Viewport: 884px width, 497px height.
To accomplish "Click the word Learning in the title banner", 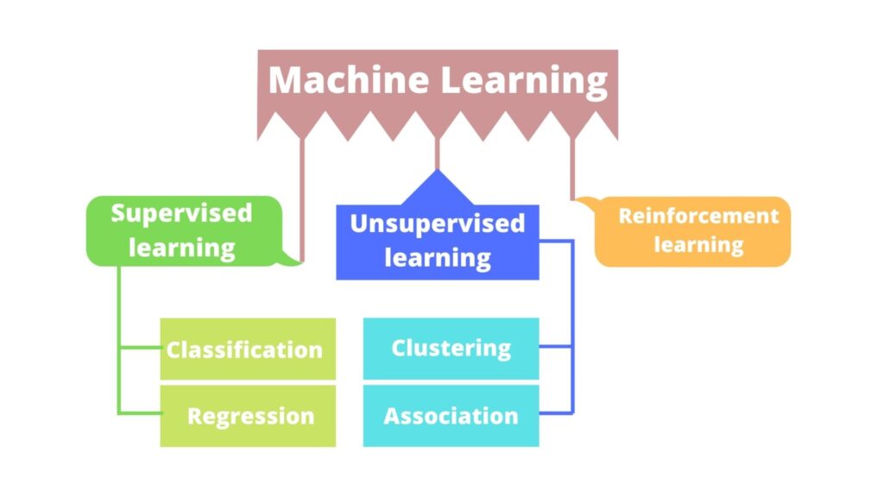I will tap(525, 80).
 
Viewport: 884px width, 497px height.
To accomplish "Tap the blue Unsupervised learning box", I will tap(437, 242).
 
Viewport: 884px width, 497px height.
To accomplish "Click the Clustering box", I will tap(451, 349).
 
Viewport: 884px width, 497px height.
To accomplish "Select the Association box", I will tap(451, 416).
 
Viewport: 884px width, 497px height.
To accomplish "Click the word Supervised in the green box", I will tap(182, 213).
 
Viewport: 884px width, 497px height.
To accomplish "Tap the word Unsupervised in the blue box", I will tap(437, 223).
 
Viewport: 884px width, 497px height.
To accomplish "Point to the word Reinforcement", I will tap(698, 216).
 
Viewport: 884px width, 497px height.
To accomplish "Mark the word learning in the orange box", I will tap(698, 244).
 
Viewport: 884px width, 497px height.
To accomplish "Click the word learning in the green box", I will tap(182, 248).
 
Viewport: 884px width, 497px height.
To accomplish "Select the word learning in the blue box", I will tap(437, 257).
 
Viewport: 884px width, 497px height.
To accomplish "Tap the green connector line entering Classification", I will tap(140, 349).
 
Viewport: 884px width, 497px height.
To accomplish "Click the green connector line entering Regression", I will tap(140, 414).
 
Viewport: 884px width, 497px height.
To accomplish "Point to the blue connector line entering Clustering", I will tap(556, 348).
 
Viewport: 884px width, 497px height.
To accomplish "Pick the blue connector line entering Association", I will tap(556, 414).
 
